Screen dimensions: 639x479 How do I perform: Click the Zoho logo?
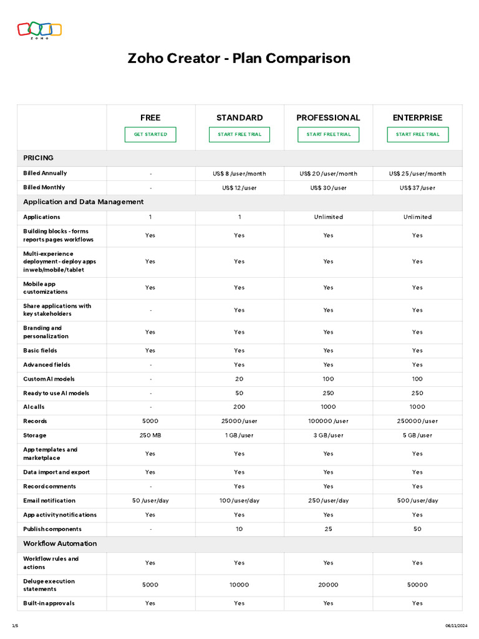pyautogui.click(x=39, y=30)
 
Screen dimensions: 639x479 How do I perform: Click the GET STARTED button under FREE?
pyautogui.click(x=150, y=134)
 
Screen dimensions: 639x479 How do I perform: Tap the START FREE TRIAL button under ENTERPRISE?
pyautogui.click(x=417, y=134)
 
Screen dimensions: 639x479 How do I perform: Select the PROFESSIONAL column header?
pyautogui.click(x=328, y=117)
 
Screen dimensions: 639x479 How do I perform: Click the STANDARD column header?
pyautogui.click(x=239, y=117)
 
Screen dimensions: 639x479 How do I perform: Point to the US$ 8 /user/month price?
pyautogui.click(x=239, y=173)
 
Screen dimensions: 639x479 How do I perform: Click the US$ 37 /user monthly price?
pyautogui.click(x=417, y=188)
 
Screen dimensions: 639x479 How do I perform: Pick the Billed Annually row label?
pyautogui.click(x=45, y=173)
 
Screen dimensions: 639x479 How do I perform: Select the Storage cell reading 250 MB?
pyautogui.click(x=150, y=436)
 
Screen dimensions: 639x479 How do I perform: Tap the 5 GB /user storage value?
pyautogui.click(x=417, y=436)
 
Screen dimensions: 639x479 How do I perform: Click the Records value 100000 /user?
pyautogui.click(x=328, y=421)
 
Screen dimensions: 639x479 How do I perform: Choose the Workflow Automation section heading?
pyautogui.click(x=60, y=544)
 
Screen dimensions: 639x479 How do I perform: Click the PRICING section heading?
pyautogui.click(x=38, y=158)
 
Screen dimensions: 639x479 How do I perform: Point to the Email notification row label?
pyautogui.click(x=49, y=500)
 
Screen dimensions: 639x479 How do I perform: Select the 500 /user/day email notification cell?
pyautogui.click(x=417, y=500)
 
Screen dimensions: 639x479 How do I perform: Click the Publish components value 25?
pyautogui.click(x=328, y=529)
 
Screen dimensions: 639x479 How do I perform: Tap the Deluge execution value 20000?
pyautogui.click(x=328, y=585)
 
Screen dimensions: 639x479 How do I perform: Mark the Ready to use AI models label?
pyautogui.click(x=56, y=393)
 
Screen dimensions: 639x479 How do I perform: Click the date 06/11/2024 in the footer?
pyautogui.click(x=456, y=626)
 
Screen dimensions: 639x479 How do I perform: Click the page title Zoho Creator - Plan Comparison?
pyautogui.click(x=239, y=59)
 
